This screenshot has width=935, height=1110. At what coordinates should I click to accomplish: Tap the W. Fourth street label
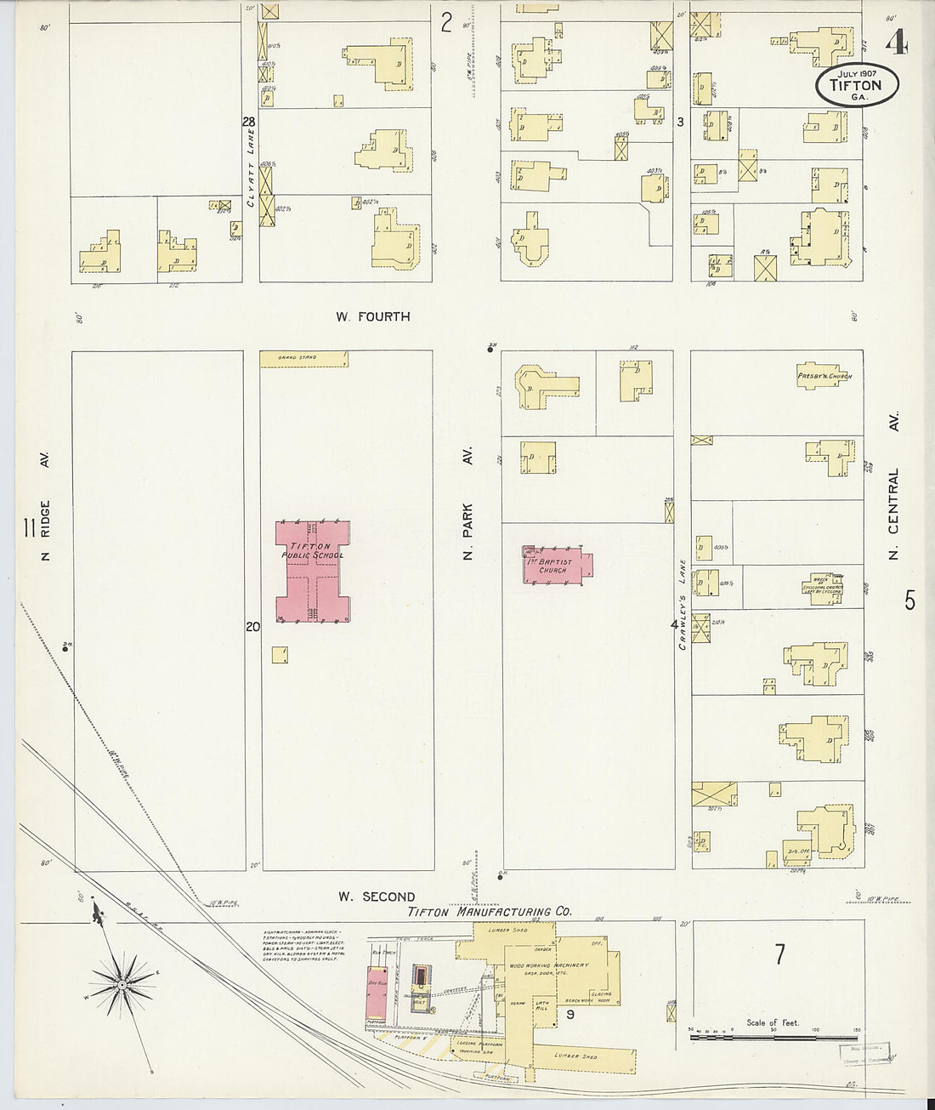coord(372,316)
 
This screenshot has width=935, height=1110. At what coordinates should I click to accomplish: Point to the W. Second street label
coord(377,897)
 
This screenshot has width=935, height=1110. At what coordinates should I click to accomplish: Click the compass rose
coord(122,985)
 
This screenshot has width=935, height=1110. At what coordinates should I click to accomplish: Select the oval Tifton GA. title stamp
coord(857,86)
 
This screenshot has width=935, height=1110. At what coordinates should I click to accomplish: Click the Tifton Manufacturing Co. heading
coord(490,911)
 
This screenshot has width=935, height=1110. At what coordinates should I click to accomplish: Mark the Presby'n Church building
coord(823,376)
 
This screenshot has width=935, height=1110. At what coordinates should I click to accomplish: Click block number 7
coord(779,954)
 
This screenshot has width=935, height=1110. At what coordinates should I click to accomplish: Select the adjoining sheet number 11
coord(29,530)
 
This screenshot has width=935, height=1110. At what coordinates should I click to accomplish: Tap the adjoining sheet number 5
coord(909,601)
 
